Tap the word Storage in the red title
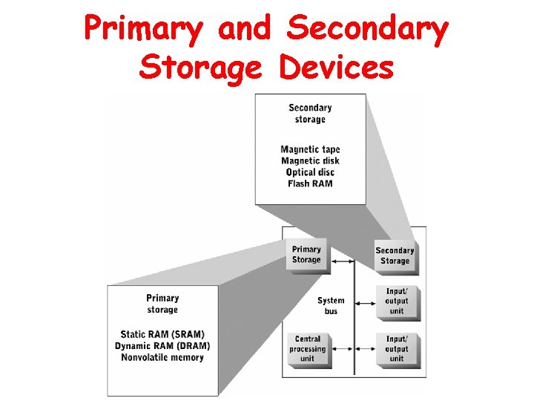coord(200,68)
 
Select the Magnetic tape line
coord(310,149)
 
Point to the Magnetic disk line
coord(310,160)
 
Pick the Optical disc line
coord(310,172)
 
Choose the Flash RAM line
coord(310,183)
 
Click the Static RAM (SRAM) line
coord(162,334)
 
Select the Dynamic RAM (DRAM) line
coord(162,346)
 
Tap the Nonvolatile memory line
coord(162,357)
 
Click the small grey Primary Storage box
coord(306,255)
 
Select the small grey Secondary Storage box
coord(395,255)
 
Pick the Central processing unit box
coord(307,348)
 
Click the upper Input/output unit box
coord(397,301)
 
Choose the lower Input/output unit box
coord(397,348)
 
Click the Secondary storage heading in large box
coord(310,114)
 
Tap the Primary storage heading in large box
coord(162,304)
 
